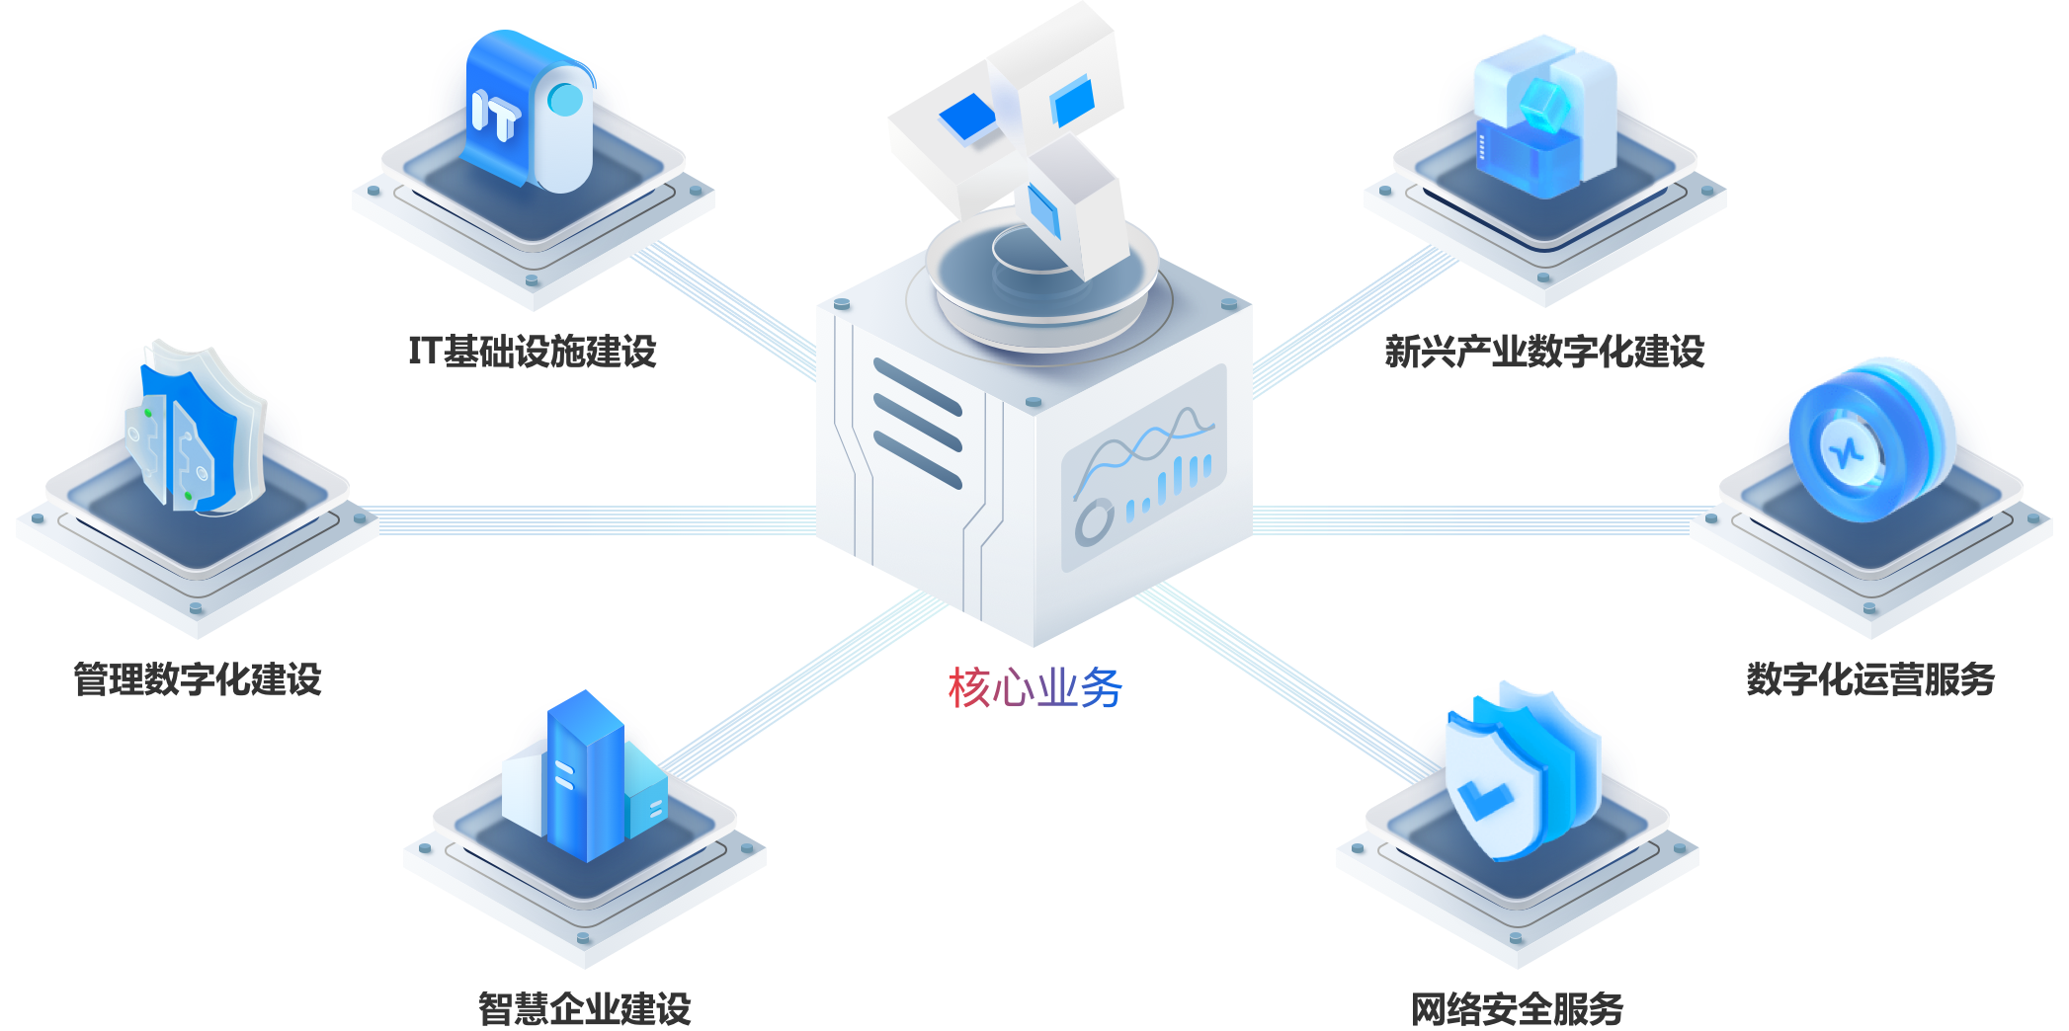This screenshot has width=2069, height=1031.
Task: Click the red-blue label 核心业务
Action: coord(1034,688)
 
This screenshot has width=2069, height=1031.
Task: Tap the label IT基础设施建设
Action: coord(533,351)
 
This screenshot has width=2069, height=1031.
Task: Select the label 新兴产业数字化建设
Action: coord(1544,351)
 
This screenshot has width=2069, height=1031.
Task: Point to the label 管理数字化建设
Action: coord(198,679)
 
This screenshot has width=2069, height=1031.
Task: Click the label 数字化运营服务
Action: coord(1870,679)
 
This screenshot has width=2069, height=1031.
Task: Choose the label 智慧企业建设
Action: coord(585,1008)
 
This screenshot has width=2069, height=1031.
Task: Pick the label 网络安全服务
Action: coord(1517,1008)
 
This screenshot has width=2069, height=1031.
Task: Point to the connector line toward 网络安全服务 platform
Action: coord(1284,681)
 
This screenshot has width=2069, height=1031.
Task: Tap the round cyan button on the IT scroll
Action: coord(565,98)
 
